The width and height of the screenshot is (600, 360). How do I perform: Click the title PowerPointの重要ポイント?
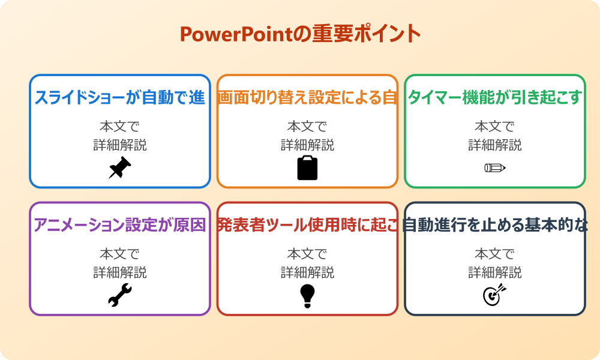coord(300,34)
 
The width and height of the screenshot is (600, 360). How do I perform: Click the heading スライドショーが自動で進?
coord(120,97)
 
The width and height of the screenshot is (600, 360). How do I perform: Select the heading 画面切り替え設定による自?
coord(307,97)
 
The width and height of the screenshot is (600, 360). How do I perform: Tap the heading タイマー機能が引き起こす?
coord(495,97)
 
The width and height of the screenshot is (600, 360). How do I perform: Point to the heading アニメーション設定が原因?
coord(120,225)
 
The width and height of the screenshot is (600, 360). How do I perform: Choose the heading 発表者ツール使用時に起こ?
coord(307,225)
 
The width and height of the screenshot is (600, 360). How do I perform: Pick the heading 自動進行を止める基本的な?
coord(495,225)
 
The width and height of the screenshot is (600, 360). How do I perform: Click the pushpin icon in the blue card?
coord(119,168)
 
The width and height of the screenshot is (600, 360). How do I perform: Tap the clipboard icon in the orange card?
coord(307,168)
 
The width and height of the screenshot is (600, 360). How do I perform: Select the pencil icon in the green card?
coord(495,167)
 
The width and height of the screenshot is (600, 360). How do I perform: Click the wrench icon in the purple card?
coord(119,296)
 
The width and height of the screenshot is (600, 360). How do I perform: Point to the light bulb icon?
coord(307,296)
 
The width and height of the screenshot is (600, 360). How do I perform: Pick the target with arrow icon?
coord(494,295)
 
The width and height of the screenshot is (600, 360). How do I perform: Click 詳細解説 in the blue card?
coord(120,145)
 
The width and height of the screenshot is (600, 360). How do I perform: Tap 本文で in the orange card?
coord(307,127)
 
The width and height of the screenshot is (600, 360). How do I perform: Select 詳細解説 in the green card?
coord(495,145)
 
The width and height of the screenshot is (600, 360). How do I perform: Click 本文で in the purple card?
coord(120,254)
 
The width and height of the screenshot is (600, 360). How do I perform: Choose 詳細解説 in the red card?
coord(307,273)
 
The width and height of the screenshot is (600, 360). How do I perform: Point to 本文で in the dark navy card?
coord(495,254)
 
